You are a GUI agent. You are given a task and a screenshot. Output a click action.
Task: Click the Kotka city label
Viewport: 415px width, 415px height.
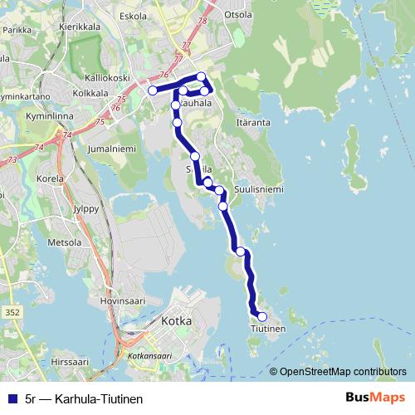click(x=177, y=320)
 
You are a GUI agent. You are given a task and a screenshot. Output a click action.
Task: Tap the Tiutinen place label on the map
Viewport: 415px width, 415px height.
click(x=268, y=330)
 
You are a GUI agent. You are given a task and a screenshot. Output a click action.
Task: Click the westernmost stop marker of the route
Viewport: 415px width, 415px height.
click(x=153, y=90)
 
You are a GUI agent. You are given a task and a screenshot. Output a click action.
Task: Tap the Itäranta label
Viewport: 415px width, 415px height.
click(x=254, y=122)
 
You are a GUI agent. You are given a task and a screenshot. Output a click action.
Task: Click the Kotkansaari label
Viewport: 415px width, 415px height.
click(x=150, y=355)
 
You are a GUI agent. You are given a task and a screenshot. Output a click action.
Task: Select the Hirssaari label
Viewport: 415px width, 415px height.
click(x=69, y=363)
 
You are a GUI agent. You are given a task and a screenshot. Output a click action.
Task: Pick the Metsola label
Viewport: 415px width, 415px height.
click(x=66, y=242)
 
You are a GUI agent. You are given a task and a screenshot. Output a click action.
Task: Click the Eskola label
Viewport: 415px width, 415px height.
click(x=134, y=16)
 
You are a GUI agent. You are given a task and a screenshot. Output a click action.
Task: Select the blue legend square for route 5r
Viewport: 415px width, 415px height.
click(x=11, y=398)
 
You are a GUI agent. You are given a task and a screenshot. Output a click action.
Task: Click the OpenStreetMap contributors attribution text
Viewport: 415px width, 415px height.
click(x=343, y=372)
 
